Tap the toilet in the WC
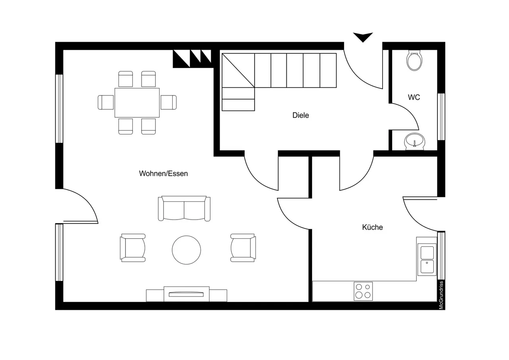(x=414, y=60)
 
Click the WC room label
(x=414, y=97)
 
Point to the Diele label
(x=301, y=115)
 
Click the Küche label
(x=373, y=227)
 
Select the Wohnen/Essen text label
(x=163, y=173)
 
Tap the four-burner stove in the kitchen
(x=363, y=291)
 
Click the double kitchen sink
(x=427, y=259)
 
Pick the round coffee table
(x=187, y=250)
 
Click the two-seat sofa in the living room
(x=184, y=208)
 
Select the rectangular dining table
(x=137, y=103)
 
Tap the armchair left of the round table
(x=133, y=248)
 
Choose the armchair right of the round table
(x=243, y=248)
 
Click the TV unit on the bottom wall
(x=187, y=294)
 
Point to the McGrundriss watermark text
(x=441, y=295)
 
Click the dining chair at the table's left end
(x=106, y=102)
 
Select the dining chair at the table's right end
(x=168, y=102)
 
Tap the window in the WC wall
(x=441, y=117)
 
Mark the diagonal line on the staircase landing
(x=238, y=70)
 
